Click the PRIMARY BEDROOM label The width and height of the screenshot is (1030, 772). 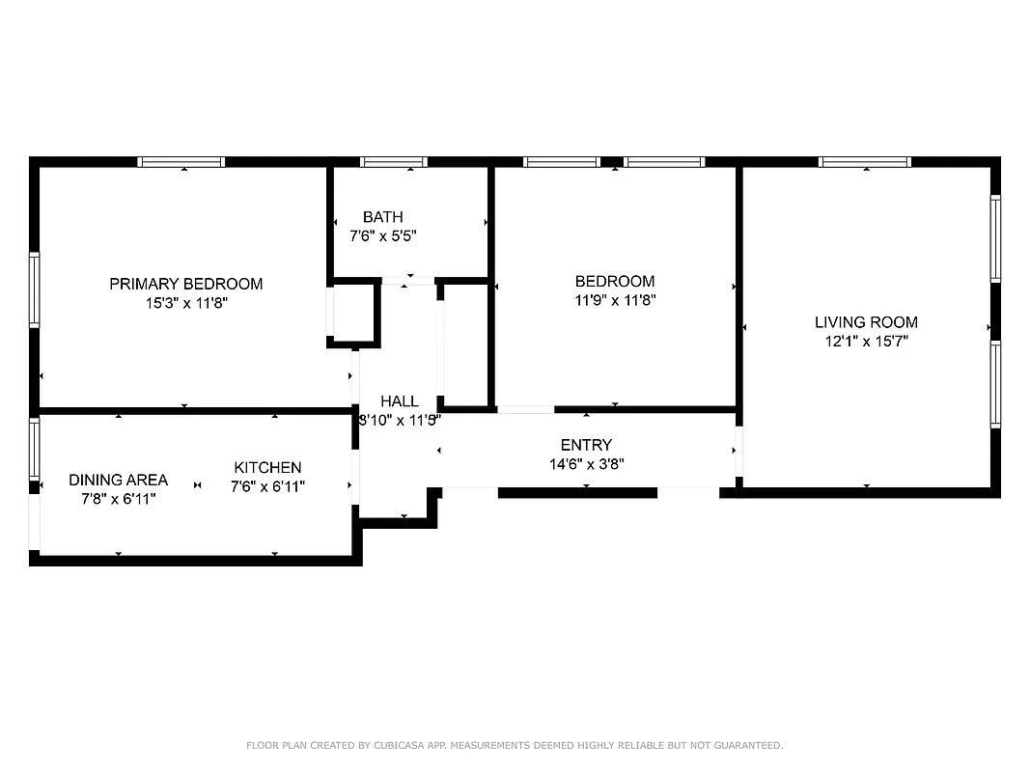click(185, 284)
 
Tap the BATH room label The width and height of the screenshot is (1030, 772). click(383, 217)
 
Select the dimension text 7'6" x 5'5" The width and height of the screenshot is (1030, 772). click(383, 235)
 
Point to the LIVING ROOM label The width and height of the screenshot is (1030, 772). click(866, 322)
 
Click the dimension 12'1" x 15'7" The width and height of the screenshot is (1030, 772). click(866, 341)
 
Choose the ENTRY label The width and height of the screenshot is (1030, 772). click(586, 445)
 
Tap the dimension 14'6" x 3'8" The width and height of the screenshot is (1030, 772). click(586, 463)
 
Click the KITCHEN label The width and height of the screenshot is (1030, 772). click(267, 468)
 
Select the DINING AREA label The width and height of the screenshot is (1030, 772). click(118, 480)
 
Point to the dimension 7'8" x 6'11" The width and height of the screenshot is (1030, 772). click(118, 499)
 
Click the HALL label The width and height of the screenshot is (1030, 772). click(400, 401)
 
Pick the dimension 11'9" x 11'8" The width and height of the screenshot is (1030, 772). click(615, 300)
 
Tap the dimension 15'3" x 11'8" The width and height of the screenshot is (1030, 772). click(185, 302)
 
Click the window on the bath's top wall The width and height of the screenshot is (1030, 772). click(394, 162)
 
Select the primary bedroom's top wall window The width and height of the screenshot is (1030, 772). click(181, 162)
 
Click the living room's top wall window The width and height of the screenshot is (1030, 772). click(864, 162)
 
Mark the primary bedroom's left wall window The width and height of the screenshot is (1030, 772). click(35, 290)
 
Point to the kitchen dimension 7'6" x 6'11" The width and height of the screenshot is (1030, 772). click(267, 486)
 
